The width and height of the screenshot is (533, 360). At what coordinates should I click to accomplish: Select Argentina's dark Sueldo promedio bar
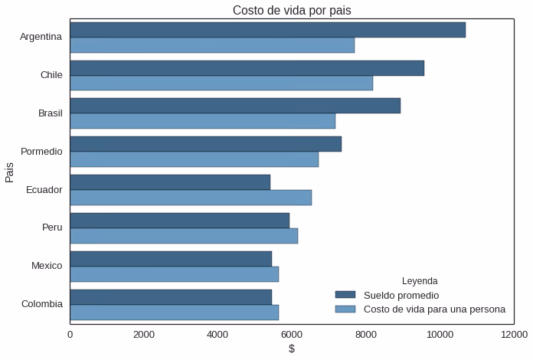[267, 30]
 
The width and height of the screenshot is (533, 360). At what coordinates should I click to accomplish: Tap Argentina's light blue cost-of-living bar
[212, 45]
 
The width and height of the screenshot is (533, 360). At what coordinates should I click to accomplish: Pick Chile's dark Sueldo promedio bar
[247, 68]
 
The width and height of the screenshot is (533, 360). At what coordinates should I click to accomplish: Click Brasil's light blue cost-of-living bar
[202, 121]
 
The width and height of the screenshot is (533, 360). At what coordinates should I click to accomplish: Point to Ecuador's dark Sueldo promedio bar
[170, 182]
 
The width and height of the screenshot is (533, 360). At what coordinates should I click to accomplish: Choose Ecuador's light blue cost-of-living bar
[191, 198]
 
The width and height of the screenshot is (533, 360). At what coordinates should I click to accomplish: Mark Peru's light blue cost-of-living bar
[184, 236]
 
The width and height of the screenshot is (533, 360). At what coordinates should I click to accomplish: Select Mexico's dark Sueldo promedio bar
[171, 259]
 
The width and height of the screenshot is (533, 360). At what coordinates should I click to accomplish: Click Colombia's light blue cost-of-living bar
[174, 313]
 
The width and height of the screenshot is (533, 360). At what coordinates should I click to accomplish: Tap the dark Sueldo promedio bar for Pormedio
[205, 144]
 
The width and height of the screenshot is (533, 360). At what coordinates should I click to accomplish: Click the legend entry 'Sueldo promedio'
[401, 295]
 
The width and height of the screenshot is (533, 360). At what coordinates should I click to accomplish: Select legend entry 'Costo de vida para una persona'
[434, 309]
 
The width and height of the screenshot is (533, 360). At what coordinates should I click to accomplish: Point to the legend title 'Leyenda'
[420, 281]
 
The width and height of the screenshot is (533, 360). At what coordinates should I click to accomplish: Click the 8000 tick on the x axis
[366, 334]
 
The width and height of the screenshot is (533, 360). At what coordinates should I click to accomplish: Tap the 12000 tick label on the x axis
[513, 334]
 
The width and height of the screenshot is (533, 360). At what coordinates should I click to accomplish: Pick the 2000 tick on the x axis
[144, 334]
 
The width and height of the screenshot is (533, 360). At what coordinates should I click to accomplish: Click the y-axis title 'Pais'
[10, 171]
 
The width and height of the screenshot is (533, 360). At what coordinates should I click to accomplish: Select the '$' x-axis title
[292, 349]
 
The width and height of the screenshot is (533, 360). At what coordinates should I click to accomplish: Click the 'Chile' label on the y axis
[51, 75]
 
